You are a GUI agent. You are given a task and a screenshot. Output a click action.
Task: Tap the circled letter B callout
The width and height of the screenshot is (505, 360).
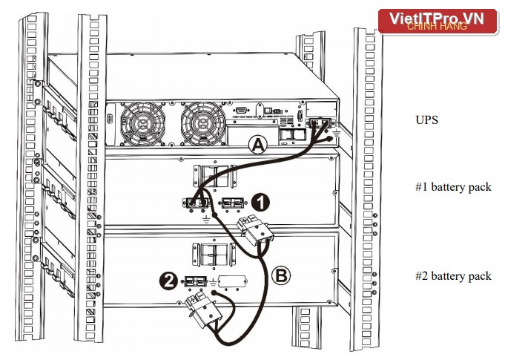coord(281,275)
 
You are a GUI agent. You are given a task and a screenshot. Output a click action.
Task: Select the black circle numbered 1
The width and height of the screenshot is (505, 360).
coord(260,203)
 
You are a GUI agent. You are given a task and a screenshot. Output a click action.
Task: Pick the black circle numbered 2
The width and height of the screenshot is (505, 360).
coord(169,281)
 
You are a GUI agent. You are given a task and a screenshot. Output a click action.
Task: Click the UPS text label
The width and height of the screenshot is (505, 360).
coord(426,120)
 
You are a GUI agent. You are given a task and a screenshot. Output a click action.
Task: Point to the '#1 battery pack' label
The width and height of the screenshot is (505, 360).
coord(454,187)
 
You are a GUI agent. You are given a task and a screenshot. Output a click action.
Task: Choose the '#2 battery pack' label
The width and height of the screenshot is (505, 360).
coord(454,276)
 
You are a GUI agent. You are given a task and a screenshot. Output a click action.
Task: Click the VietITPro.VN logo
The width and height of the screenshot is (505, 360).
coord(438,22)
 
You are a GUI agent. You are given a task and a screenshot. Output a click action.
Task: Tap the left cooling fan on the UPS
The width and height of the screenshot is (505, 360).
coord(142,124)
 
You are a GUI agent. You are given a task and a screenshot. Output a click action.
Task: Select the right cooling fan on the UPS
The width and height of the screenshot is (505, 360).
coord(203,124)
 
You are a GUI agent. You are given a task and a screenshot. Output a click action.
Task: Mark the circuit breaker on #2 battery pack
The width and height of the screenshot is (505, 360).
coord(214,255)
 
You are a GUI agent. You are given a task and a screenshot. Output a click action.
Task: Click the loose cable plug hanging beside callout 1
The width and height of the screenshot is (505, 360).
coord(256,231)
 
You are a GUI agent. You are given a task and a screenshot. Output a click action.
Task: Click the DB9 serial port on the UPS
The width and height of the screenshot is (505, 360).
coord(240,111)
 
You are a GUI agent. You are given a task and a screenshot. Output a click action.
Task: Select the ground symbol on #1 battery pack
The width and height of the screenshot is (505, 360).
coord(206,220)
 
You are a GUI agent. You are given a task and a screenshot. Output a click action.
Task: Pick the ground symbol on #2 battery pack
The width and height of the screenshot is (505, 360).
coord(213,284)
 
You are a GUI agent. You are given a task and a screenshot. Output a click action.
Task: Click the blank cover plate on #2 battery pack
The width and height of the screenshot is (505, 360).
coord(233,281)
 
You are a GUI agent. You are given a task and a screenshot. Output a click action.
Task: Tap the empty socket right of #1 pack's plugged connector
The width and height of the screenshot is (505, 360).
coord(233,203)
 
